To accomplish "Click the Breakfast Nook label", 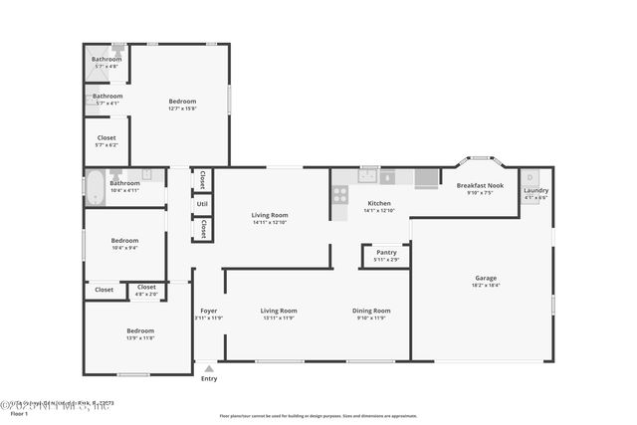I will [x=480, y=186].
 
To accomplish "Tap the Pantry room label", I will [x=386, y=253].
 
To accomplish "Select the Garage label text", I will [x=485, y=278].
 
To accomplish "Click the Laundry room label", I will [x=535, y=190].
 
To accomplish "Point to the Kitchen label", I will [x=379, y=203].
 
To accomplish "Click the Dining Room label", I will [x=371, y=311].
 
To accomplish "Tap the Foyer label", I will [x=208, y=311].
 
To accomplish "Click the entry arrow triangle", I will [x=208, y=368].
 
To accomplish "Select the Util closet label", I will [x=202, y=204].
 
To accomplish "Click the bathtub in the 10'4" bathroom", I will [x=96, y=187].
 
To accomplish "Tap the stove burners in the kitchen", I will [x=340, y=194].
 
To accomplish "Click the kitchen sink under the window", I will [x=368, y=176].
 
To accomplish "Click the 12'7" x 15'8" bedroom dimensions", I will [x=182, y=108].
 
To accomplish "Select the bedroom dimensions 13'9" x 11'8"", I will [x=139, y=338].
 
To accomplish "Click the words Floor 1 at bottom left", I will [x=18, y=413].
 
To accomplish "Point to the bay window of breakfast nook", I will [x=480, y=159].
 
